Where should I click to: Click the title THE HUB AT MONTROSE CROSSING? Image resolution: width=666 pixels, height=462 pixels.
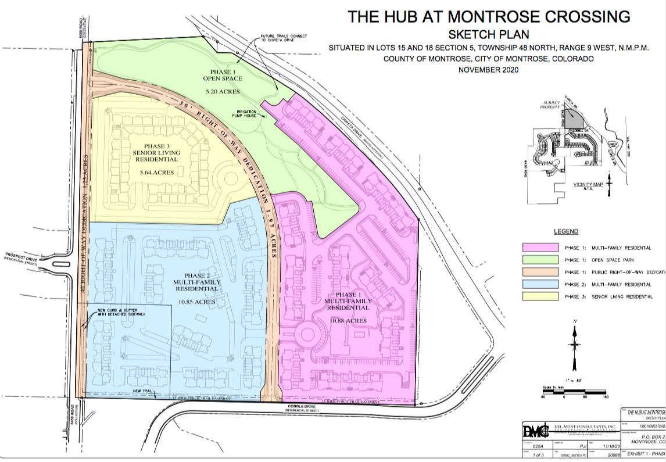click(489, 16)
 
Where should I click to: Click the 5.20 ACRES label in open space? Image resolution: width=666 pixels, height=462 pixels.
click(223, 92)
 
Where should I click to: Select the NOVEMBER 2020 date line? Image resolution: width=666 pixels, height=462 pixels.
click(488, 70)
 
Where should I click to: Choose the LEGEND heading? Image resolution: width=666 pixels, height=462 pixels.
click(565, 231)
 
